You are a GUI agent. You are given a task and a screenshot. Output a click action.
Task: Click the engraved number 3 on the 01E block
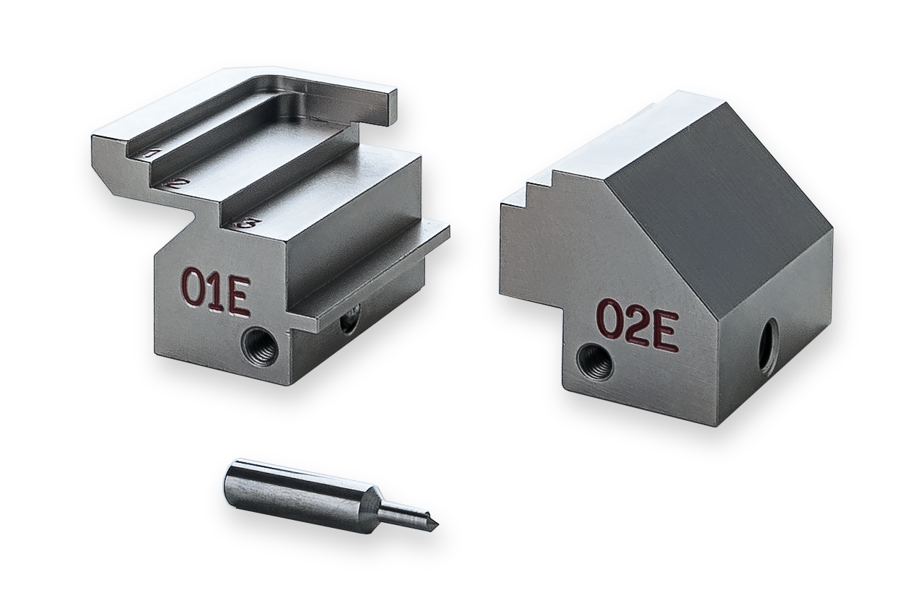[247, 225]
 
